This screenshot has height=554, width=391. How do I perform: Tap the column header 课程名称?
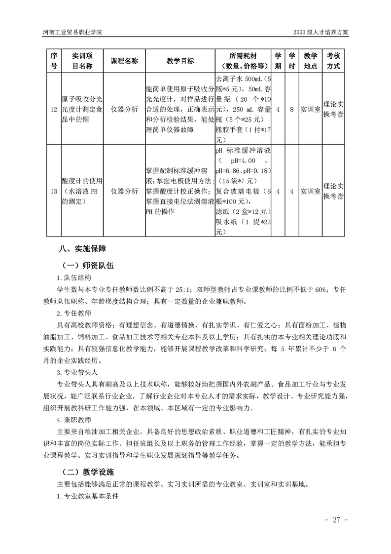coord(124,61)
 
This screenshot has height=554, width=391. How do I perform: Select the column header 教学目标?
coord(180,61)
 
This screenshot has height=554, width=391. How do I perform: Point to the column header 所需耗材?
coord(243,61)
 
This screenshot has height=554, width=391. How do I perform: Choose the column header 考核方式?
coord(333,61)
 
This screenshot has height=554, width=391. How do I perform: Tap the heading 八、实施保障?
coord(81,248)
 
